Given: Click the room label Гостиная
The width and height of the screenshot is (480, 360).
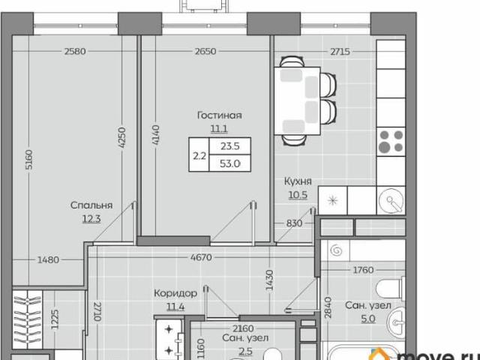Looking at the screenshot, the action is [x=220, y=115].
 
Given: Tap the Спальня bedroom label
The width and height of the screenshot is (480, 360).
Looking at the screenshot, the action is [x=91, y=205].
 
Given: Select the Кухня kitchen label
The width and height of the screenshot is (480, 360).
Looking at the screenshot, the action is [x=298, y=181].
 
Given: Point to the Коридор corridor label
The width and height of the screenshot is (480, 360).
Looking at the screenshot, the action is [x=175, y=293].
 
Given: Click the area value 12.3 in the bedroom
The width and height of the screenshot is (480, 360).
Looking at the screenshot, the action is [x=91, y=219].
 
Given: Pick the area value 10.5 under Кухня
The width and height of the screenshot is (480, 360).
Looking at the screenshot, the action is [x=298, y=195].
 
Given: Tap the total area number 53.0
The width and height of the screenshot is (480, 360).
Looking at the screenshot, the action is [x=230, y=163].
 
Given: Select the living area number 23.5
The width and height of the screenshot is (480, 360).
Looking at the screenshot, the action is [x=230, y=146].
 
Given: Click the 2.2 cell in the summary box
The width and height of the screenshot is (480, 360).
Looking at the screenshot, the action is [x=199, y=156].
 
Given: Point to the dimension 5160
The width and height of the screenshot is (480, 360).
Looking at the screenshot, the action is [x=28, y=159].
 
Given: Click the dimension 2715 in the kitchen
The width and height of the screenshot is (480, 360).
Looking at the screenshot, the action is [x=340, y=52].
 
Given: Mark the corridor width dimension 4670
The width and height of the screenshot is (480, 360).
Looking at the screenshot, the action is [x=201, y=257].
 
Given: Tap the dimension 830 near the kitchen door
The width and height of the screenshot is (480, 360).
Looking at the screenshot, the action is [x=294, y=223].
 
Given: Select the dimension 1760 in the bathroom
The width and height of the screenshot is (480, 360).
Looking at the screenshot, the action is [x=363, y=270].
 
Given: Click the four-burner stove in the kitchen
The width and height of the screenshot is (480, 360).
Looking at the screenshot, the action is [x=391, y=142].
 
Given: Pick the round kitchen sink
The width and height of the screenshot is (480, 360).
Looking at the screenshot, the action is [x=391, y=201].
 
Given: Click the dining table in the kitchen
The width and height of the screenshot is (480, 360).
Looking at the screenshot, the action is [x=297, y=101].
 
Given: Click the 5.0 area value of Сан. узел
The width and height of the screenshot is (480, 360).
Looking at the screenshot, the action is [x=368, y=319].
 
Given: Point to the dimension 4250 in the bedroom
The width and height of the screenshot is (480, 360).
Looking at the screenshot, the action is [x=121, y=138].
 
